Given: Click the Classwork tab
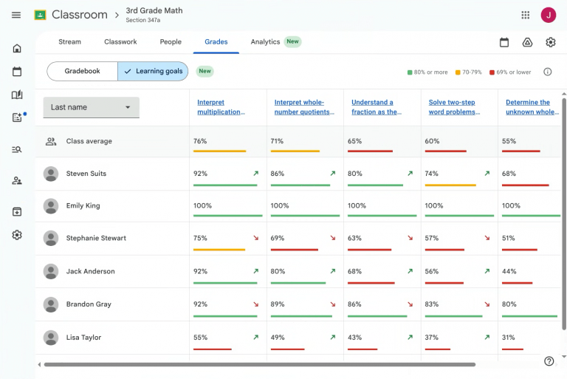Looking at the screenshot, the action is [120, 42].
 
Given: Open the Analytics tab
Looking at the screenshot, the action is [265, 42].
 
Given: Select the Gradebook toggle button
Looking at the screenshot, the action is [82, 71].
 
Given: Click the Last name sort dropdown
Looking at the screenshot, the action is [91, 107].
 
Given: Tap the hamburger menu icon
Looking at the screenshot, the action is [16, 15].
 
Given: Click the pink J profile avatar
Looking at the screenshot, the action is [549, 15].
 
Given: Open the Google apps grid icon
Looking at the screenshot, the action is [526, 15].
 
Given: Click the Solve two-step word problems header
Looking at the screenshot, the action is [454, 107].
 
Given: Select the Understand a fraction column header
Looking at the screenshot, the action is [377, 107].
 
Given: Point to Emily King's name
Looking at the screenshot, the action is [83, 205].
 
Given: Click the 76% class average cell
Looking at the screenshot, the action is [200, 141].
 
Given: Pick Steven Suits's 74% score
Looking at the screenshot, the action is [431, 174].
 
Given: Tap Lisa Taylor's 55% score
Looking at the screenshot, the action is [200, 338].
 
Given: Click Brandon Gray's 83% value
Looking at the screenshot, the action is [431, 304].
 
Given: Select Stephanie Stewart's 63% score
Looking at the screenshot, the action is [354, 238].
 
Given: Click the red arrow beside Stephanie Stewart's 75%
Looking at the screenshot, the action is [256, 238].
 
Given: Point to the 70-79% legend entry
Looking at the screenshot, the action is [469, 72].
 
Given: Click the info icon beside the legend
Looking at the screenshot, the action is [548, 72].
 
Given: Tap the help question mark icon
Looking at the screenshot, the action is [549, 361].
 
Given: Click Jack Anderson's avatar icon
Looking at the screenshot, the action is [51, 271].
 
